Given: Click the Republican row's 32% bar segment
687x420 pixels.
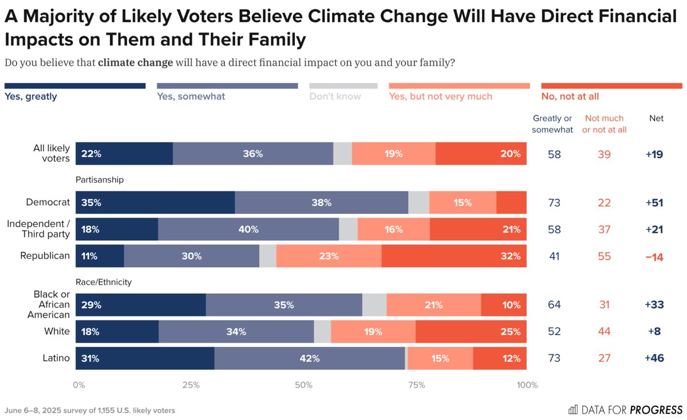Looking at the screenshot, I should tap(453, 256).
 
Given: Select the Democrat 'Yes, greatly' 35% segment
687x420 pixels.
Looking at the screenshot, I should tap(155, 203).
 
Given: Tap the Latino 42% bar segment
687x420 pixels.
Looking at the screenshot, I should tap(310, 359).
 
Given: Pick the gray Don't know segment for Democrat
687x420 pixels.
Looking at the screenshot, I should tap(418, 203).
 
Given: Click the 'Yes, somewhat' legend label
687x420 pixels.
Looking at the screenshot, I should tap(191, 97).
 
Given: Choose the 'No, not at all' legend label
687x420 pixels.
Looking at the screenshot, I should tap(570, 97).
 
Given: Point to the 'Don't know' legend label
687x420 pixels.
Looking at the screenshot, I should tap(335, 97).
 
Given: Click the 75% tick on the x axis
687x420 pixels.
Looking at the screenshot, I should tap(416, 385).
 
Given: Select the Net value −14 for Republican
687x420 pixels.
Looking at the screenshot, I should tap(653, 257).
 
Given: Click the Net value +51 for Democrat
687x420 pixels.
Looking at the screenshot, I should tap(653, 203).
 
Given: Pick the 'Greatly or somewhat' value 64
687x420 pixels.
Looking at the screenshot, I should tap(554, 305).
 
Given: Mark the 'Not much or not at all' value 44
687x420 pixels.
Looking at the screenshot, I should tap(605, 332).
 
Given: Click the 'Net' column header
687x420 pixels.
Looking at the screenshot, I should tap(656, 118).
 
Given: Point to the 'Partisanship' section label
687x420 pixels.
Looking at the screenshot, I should tap(100, 180).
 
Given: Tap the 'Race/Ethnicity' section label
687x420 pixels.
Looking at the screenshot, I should tap(104, 282).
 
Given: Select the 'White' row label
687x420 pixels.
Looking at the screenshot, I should tap(57, 332).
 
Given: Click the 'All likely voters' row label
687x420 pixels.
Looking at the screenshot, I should tap(51, 153).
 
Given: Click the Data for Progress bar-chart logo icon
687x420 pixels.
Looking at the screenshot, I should tap(572, 410).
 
